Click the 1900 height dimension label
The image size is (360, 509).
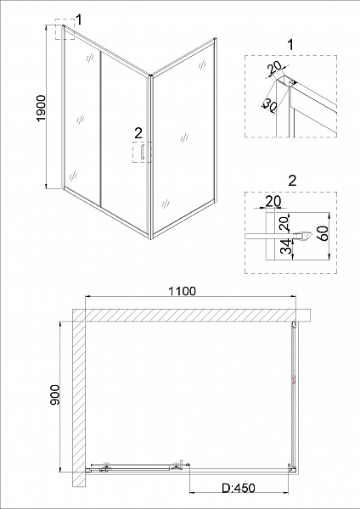tap(42, 109)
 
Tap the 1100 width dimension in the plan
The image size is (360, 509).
tap(182, 291)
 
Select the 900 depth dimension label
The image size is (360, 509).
tap(55, 394)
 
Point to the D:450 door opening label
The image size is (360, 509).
tap(239, 488)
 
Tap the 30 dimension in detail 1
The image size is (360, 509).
tap(269, 105)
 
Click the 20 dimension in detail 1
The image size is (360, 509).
tap(274, 69)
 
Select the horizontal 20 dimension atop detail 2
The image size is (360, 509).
tap(273, 202)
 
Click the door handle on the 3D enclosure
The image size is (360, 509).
tap(142, 152)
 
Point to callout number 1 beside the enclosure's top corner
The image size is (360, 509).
tap(79, 20)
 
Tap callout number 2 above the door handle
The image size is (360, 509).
tap(138, 133)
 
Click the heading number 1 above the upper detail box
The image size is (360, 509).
tap(290, 45)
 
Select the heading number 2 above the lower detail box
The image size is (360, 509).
tap(292, 181)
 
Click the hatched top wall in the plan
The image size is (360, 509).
tap(192, 315)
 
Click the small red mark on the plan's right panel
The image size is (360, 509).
tap(295, 380)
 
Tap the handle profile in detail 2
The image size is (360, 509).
tap(303, 236)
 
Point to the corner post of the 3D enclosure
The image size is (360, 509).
tap(150, 157)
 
